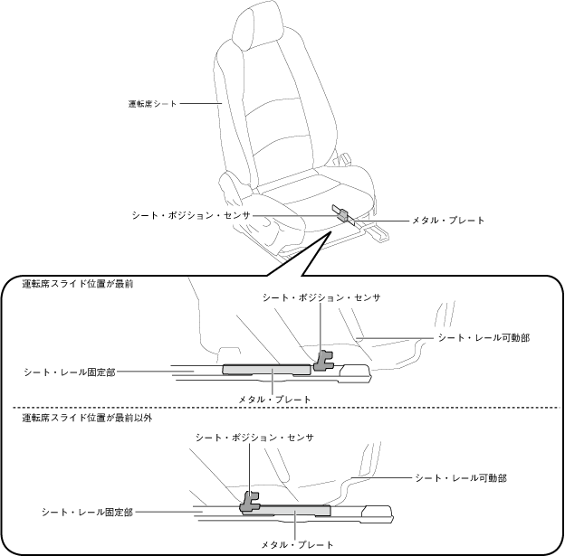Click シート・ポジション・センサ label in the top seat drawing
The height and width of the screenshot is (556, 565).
tap(190, 216)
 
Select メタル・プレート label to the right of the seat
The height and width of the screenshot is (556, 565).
tap(448, 220)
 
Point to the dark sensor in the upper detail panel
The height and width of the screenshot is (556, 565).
tap(323, 361)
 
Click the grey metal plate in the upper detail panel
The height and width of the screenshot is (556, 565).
tap(268, 369)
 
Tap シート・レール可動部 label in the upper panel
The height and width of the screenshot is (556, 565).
tap(484, 337)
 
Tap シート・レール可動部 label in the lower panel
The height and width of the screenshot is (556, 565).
tap(460, 476)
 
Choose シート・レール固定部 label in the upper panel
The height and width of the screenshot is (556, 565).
tap(71, 371)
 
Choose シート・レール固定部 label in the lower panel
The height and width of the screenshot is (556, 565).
tap(87, 512)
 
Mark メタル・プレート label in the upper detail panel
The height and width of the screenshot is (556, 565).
tap(274, 399)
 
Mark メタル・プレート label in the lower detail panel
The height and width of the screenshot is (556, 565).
tap(298, 544)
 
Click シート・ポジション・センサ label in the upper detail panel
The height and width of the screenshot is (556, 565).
tap(321, 297)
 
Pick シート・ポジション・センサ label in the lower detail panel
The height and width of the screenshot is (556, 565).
tap(254, 438)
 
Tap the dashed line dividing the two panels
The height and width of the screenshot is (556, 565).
tap(281, 408)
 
